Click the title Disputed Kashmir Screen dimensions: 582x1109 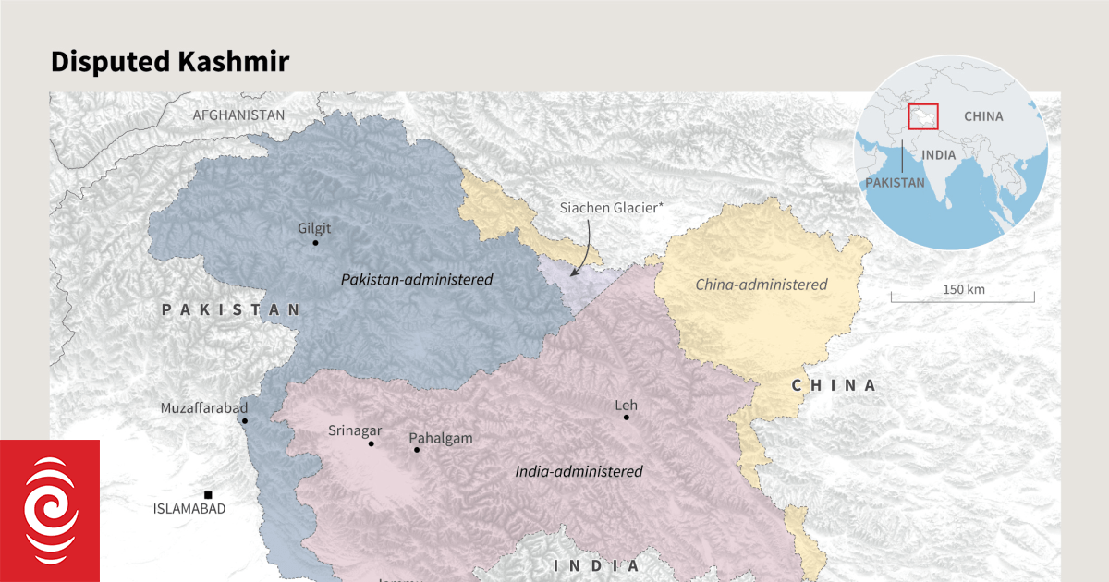pyautogui.click(x=169, y=62)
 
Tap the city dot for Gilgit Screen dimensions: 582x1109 pyautogui.click(x=315, y=243)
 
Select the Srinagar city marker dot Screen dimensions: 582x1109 pyautogui.click(x=372, y=443)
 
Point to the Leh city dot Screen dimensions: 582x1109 pyautogui.click(x=626, y=418)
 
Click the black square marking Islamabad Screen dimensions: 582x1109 pyautogui.click(x=208, y=495)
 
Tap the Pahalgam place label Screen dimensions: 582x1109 pyautogui.click(x=441, y=438)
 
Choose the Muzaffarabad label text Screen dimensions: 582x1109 pyautogui.click(x=203, y=407)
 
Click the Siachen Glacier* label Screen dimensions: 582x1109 pyautogui.click(x=611, y=208)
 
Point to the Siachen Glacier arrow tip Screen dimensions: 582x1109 pyautogui.click(x=572, y=276)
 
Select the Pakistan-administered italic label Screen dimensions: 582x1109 pyautogui.click(x=417, y=279)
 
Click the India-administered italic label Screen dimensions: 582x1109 pyautogui.click(x=579, y=471)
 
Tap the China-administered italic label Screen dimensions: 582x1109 pyautogui.click(x=762, y=285)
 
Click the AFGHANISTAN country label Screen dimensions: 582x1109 pyautogui.click(x=238, y=115)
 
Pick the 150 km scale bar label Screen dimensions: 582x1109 pyautogui.click(x=964, y=289)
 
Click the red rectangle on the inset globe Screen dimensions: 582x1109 pyautogui.click(x=923, y=116)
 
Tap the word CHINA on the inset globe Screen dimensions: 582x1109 pyautogui.click(x=982, y=116)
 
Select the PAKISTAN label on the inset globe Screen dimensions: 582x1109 pyautogui.click(x=894, y=183)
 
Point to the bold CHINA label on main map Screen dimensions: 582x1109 pyautogui.click(x=834, y=385)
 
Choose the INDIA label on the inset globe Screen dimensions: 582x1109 pyautogui.click(x=938, y=154)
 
